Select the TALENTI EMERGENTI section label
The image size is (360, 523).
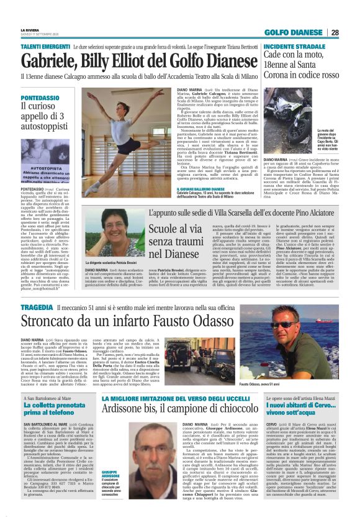point(45,47)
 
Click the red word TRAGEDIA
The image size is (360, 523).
point(37,307)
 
